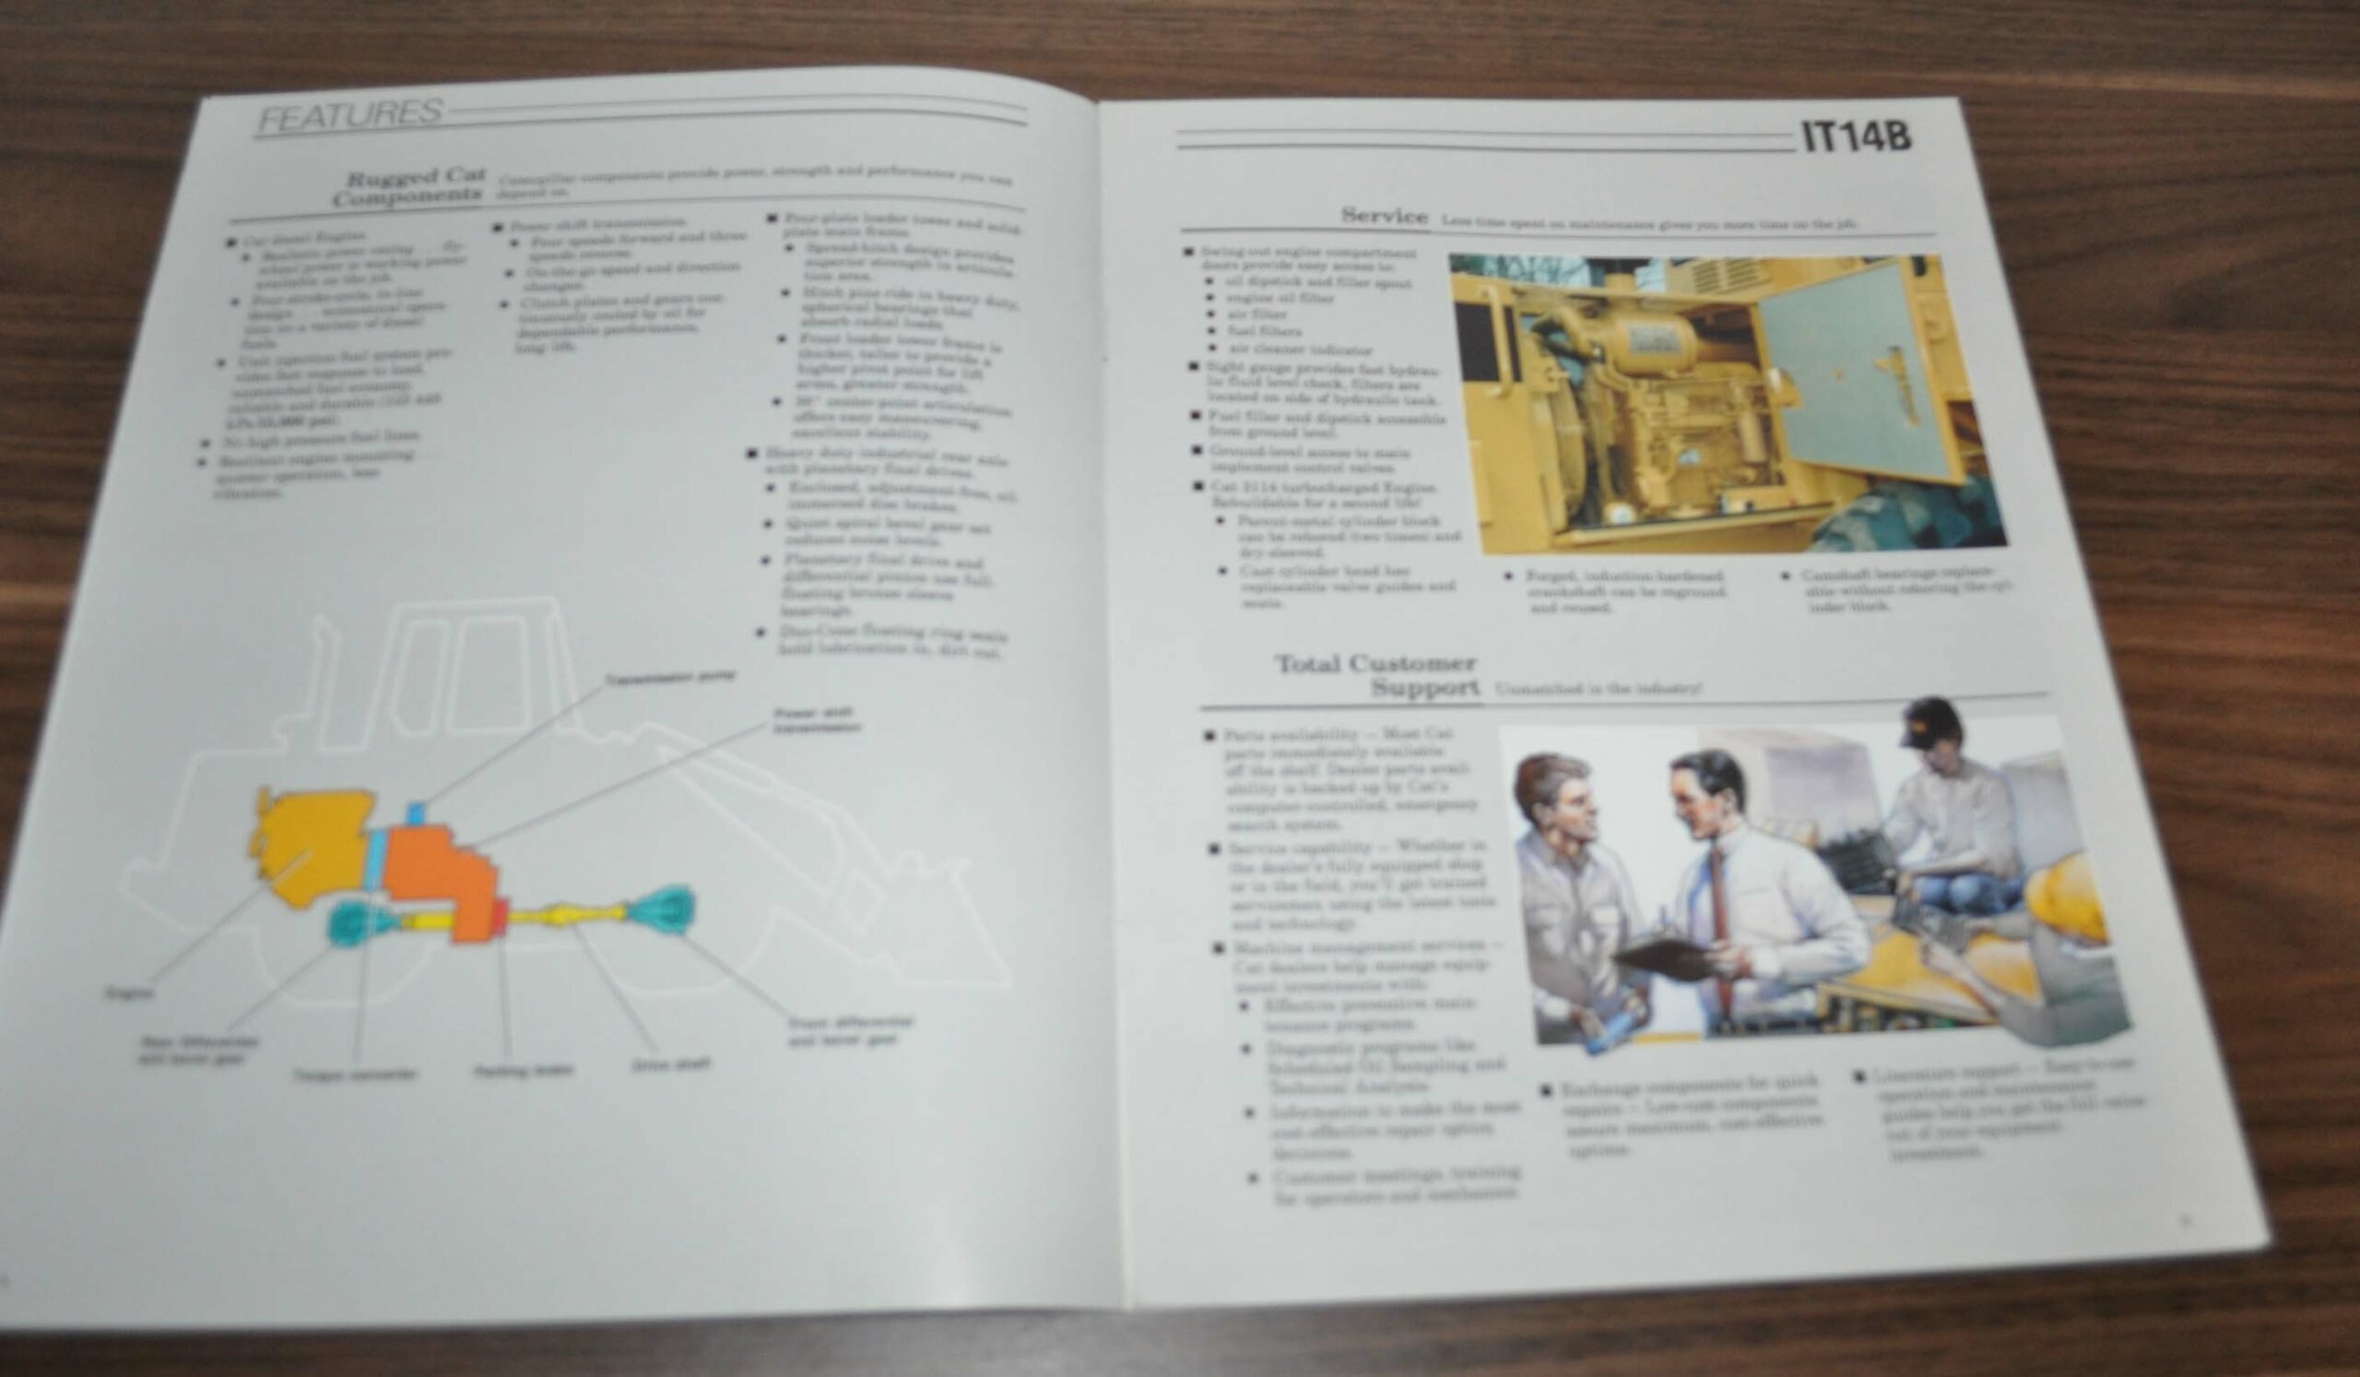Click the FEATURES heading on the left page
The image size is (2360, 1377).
point(349,114)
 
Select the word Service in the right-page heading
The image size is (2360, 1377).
point(1383,216)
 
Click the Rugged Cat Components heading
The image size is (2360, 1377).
point(410,186)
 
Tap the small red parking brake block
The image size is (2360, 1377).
point(500,915)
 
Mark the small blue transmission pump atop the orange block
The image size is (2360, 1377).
point(415,813)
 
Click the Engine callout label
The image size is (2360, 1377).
point(129,992)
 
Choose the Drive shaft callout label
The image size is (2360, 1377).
point(670,1064)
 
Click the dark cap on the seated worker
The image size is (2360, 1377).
point(1929,722)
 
